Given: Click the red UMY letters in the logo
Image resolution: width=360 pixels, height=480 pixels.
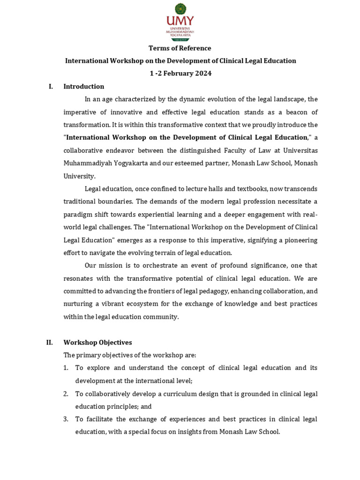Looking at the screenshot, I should [x=180, y=21].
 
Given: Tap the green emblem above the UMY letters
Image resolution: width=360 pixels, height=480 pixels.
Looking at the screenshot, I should [x=180, y=8].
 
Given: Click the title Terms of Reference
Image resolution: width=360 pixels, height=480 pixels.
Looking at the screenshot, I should [x=180, y=48].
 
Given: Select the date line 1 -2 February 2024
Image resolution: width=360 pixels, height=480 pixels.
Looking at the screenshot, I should [x=180, y=74].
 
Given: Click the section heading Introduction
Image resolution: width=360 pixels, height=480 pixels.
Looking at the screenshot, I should [x=84, y=87].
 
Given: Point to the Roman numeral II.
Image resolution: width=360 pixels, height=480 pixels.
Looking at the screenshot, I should [x=49, y=343].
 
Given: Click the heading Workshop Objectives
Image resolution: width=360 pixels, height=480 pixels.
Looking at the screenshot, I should [x=97, y=343].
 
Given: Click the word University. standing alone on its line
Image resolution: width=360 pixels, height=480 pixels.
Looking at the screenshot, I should [x=79, y=176].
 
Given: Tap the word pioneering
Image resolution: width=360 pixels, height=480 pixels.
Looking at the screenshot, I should [x=300, y=240].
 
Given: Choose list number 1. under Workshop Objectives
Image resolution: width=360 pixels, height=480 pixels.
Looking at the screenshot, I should [x=66, y=368].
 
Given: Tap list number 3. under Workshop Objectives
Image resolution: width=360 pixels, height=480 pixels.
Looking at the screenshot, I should [x=66, y=419].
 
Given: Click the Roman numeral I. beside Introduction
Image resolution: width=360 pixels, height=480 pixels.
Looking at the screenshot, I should [x=51, y=87].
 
